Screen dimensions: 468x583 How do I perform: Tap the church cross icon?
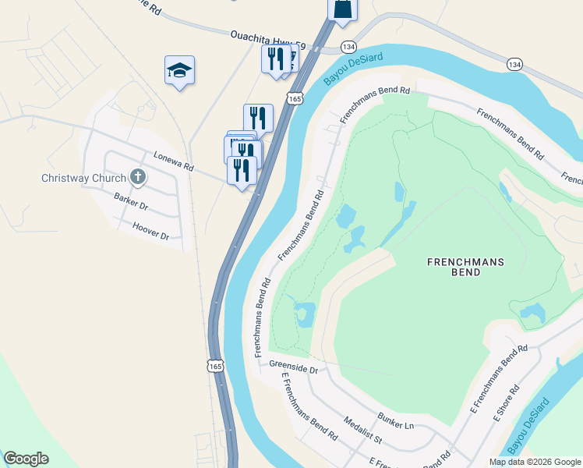point(138,176)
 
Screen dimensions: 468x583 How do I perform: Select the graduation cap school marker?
point(179,71)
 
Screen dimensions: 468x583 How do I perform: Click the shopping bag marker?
point(341,8)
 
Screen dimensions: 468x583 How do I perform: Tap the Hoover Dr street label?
point(150,231)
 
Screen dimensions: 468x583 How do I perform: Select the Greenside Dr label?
point(294,366)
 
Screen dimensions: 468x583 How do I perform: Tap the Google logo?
point(26,459)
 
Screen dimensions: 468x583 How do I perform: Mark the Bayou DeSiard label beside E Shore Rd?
point(528,427)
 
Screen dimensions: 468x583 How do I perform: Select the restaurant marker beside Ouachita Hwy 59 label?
point(275,59)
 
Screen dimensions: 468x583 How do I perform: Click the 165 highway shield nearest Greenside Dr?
point(215,364)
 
